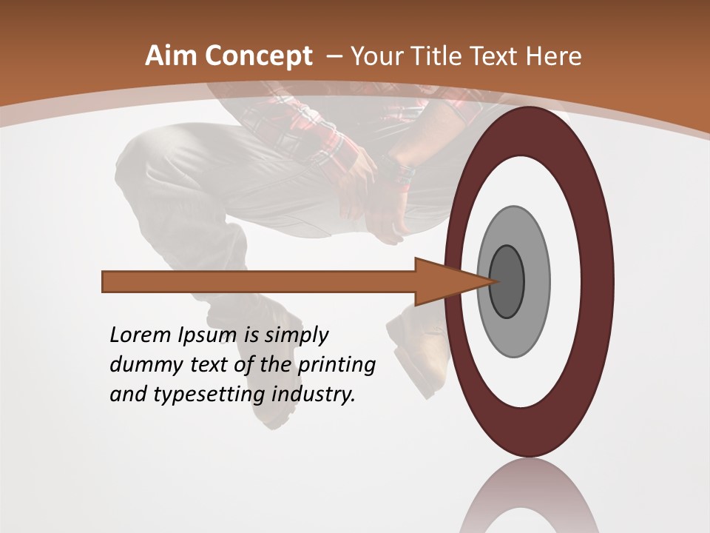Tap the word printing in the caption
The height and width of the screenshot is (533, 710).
[336, 366]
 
